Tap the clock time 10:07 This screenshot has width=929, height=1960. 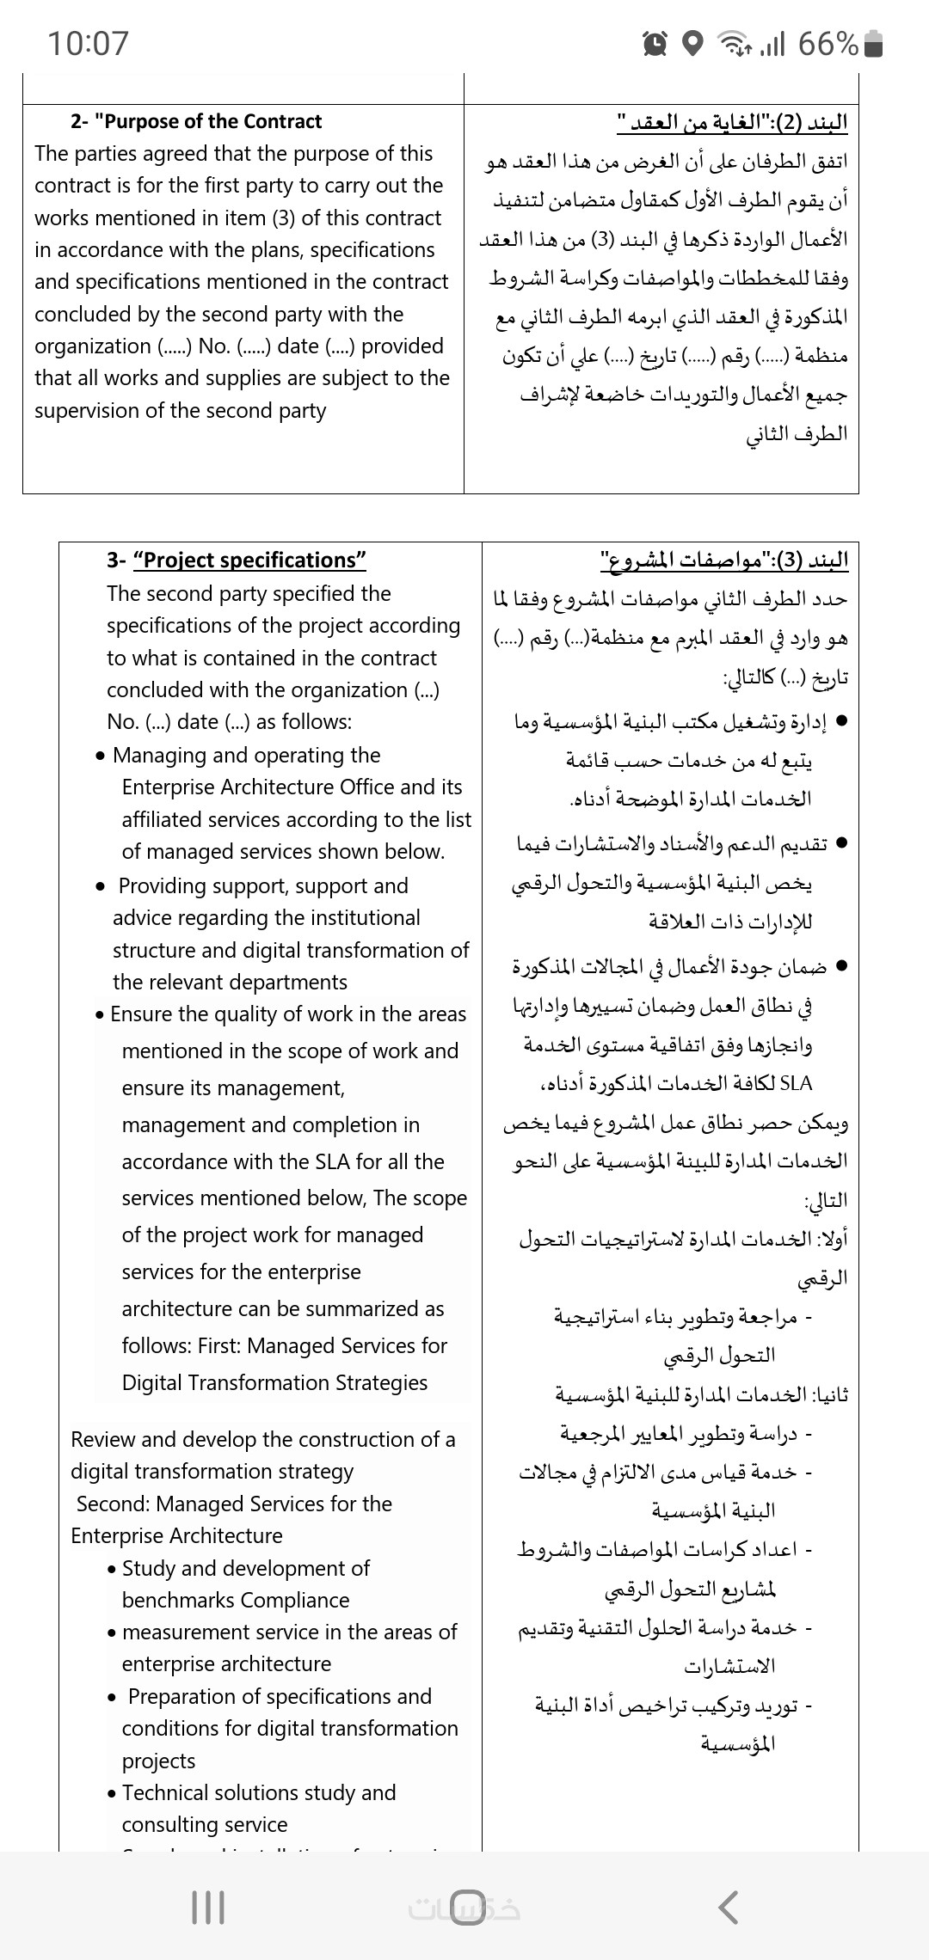tap(88, 43)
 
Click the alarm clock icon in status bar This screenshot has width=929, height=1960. tap(655, 43)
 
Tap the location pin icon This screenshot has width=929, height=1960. tap(692, 43)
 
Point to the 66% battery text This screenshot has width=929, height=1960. tap(827, 43)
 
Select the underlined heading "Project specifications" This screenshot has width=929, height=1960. tap(249, 560)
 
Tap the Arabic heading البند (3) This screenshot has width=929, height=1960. tap(723, 561)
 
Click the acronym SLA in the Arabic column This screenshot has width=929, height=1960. tap(795, 1084)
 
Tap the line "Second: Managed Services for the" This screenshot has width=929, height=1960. tap(234, 1504)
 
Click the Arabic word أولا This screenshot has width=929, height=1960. tap(832, 1240)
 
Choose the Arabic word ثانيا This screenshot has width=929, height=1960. tap(829, 1394)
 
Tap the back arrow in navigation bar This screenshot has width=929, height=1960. tap(728, 1907)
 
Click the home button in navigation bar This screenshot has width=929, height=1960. tap(466, 1907)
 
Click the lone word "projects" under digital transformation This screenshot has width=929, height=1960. tap(159, 1761)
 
